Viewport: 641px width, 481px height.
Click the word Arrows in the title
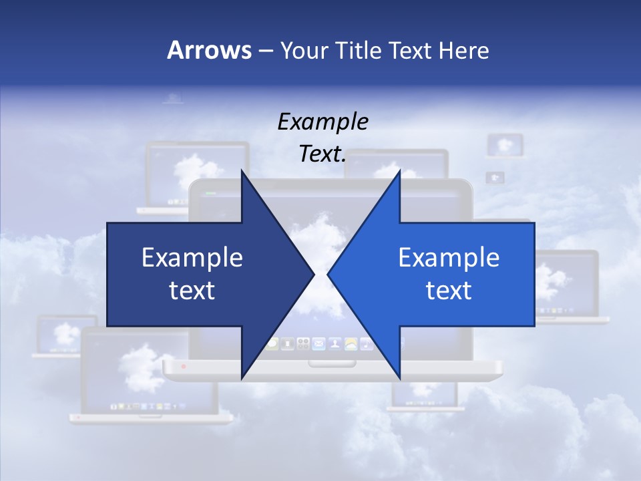pos(209,50)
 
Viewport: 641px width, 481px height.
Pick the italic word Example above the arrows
pos(323,122)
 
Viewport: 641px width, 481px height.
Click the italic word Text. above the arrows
pos(323,154)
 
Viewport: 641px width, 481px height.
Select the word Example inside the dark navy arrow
pos(192,258)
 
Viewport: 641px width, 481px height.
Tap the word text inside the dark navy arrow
pos(192,291)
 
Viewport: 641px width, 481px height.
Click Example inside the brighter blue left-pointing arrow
pos(449,258)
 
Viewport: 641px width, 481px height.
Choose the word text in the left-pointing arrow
pos(449,291)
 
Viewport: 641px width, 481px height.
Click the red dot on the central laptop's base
pos(184,367)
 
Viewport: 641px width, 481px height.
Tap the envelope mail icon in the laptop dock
pos(318,344)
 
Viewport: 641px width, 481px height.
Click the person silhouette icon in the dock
pos(334,344)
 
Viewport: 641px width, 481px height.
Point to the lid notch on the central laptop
pos(323,363)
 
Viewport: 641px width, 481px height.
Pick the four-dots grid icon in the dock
pos(303,344)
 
